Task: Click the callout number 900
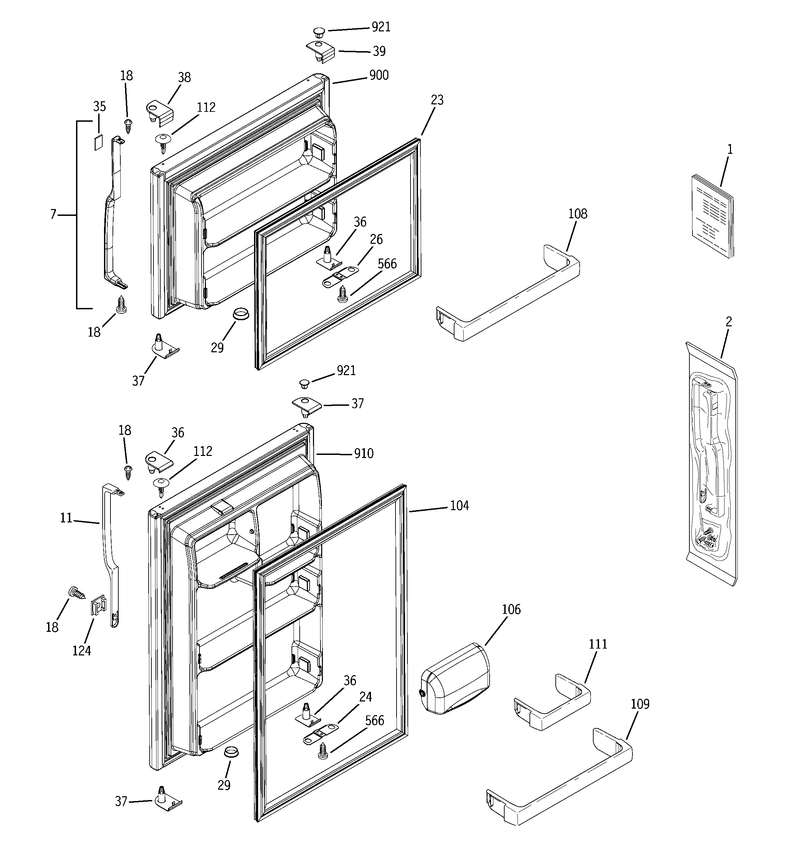pyautogui.click(x=379, y=75)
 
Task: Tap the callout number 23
pyautogui.click(x=437, y=100)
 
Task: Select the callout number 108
pyautogui.click(x=578, y=213)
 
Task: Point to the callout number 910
pyautogui.click(x=363, y=454)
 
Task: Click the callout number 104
pyautogui.click(x=459, y=506)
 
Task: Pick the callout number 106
pyautogui.click(x=511, y=610)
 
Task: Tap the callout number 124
pyautogui.click(x=81, y=650)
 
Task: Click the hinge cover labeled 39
pyautogui.click(x=320, y=52)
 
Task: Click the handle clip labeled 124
pyautogui.click(x=97, y=605)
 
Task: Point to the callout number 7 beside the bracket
pyautogui.click(x=53, y=215)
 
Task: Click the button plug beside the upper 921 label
pyautogui.click(x=318, y=32)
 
